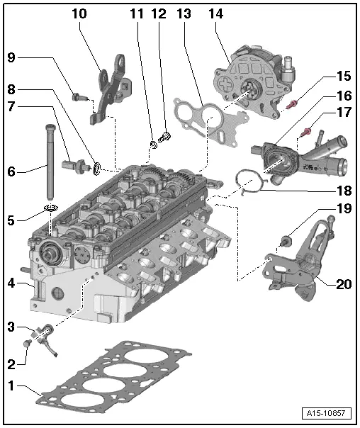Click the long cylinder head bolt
coord(50,163)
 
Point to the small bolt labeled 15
coord(293,104)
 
